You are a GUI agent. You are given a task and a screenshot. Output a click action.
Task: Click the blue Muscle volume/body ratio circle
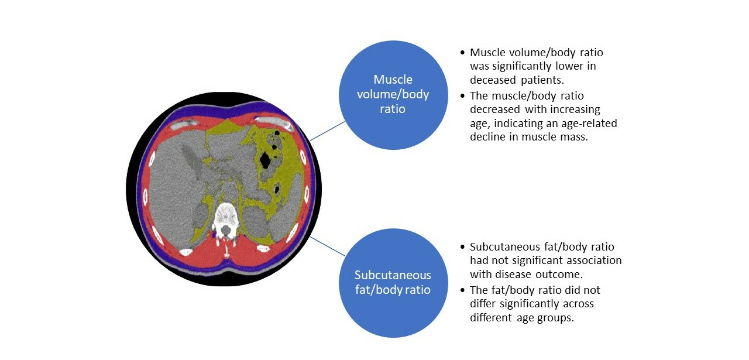[393, 95]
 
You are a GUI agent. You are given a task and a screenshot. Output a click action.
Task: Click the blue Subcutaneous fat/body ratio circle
[393, 283]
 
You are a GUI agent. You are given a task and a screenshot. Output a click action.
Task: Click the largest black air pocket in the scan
[265, 160]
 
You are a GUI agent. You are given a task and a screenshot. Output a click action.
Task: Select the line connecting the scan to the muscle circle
[327, 131]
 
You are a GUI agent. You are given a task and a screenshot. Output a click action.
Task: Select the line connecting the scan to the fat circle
[327, 246]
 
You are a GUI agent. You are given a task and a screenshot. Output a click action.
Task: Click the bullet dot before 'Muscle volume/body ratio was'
[463, 53]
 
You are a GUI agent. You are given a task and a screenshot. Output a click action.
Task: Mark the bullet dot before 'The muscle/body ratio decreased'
[463, 95]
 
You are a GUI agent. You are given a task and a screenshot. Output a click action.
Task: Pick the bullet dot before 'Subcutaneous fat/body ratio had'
[463, 247]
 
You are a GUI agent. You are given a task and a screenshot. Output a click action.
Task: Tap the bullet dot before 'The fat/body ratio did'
[463, 290]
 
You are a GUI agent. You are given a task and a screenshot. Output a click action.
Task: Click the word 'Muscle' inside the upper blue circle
[393, 80]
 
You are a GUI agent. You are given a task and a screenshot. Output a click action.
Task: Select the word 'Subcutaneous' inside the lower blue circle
[393, 275]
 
